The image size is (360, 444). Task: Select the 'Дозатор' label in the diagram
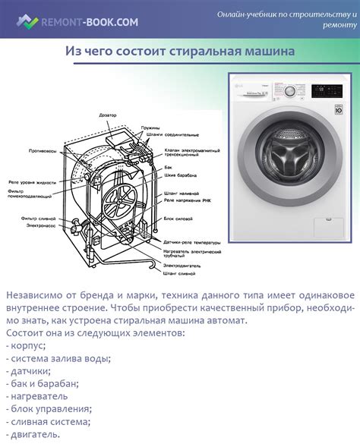(x=109, y=115)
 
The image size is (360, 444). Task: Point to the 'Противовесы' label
(x=40, y=152)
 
